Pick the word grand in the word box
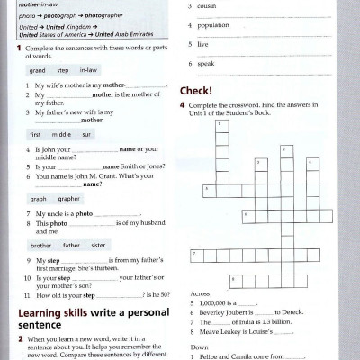[37, 69]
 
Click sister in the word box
[98, 245]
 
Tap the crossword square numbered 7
[197, 255]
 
